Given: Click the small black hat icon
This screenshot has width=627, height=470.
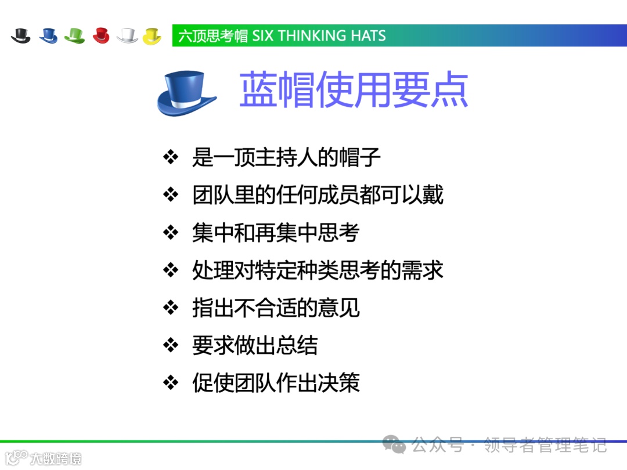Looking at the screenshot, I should click(21, 35).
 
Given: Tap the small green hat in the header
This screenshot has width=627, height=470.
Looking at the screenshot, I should click(74, 35).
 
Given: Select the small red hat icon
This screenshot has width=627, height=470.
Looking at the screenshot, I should click(101, 35).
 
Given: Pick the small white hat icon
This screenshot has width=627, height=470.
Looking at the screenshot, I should click(127, 35).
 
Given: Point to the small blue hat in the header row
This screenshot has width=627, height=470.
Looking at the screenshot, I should click(48, 35).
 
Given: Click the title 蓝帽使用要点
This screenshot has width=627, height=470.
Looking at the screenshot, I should click(354, 91).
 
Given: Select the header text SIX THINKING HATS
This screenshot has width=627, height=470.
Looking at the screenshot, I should click(319, 36).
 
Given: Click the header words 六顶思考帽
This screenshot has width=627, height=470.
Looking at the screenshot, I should click(213, 36).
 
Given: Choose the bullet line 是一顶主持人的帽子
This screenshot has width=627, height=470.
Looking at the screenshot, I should click(286, 157).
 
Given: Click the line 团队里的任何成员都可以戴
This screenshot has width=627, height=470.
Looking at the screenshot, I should click(318, 195).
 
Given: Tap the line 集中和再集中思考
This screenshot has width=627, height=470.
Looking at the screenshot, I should click(276, 233).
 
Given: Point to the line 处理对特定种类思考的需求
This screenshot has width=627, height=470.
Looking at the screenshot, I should click(318, 270).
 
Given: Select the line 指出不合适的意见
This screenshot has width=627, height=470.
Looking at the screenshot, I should click(276, 308).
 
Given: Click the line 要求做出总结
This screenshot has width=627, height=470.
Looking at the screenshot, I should click(255, 346).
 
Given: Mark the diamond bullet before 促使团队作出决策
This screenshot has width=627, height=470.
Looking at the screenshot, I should click(170, 383).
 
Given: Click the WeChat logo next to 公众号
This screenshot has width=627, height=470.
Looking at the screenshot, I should click(398, 446).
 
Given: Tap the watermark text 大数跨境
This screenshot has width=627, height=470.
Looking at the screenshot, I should click(55, 458).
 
